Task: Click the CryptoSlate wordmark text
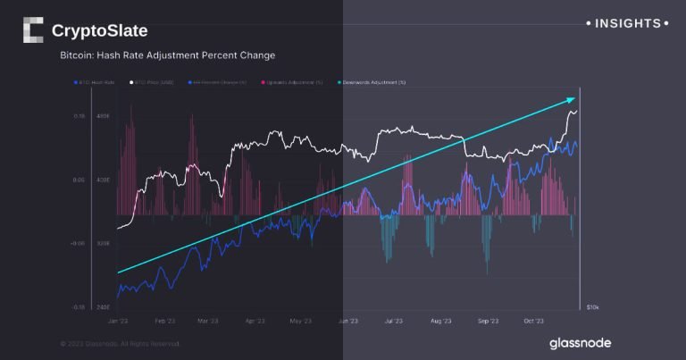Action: click(x=99, y=31)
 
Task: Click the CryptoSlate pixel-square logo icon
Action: click(x=33, y=30)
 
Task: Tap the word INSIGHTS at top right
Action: click(x=627, y=23)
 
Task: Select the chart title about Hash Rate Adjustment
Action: click(x=167, y=55)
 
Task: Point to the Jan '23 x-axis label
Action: click(x=118, y=320)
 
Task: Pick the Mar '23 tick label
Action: click(x=208, y=320)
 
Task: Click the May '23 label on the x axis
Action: click(x=301, y=320)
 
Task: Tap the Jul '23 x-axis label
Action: click(x=395, y=320)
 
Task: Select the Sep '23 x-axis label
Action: click(x=489, y=320)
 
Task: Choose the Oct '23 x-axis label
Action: click(x=534, y=320)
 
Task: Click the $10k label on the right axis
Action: click(x=592, y=307)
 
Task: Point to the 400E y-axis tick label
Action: click(x=103, y=180)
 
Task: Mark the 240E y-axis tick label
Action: click(x=103, y=306)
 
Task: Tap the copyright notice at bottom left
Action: click(x=120, y=343)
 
